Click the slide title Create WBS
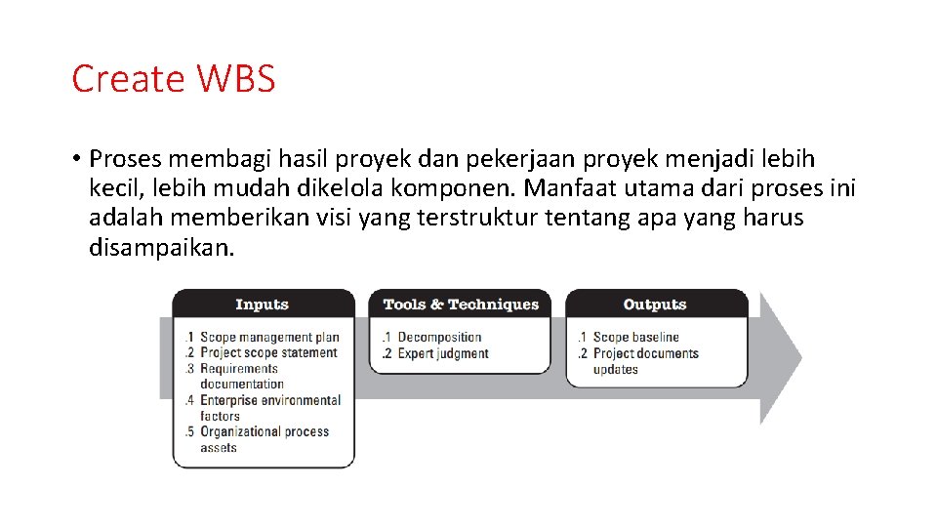tap(174, 79)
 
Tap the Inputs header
tap(262, 304)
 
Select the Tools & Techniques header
tap(461, 304)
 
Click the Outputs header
tap(655, 304)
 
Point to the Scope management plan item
tap(268, 338)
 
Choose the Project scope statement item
tap(268, 353)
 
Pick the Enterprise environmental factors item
tap(269, 408)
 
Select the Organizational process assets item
tap(264, 439)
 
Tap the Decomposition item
tap(439, 338)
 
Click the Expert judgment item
tap(442, 353)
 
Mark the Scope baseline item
tap(635, 338)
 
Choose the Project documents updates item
tap(645, 361)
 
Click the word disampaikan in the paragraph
tap(162, 247)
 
